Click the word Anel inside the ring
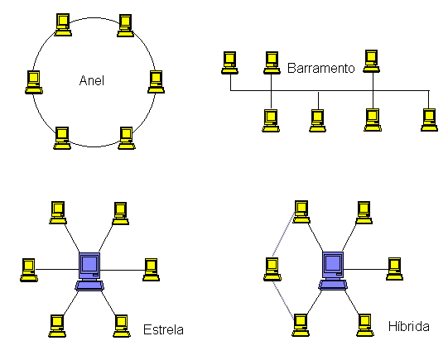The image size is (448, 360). pos(91,80)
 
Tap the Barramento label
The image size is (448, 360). pos(320,68)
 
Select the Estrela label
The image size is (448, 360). pos(163,329)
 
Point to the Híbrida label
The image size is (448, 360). pos(408,326)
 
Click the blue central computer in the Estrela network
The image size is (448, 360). pos(89,271)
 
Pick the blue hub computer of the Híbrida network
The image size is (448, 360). pos(333,271)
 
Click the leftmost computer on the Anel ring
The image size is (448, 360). pos(34,82)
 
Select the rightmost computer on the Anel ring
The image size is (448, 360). pos(156,82)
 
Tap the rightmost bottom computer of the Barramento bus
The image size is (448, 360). pos(429,120)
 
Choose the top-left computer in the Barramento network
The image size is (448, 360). pos(229,63)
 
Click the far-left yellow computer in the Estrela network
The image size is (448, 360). pos(29,270)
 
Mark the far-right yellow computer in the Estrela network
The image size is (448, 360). pos(152,270)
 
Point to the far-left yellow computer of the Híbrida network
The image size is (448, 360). pos(272,269)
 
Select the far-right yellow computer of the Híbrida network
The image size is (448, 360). pos(394,269)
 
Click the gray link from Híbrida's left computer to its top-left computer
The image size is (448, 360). pos(283,234)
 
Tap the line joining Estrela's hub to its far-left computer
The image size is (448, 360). pos(57,269)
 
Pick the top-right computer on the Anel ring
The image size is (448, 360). pos(125,26)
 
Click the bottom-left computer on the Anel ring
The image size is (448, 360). pos(62,138)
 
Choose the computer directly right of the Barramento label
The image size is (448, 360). pos(372,61)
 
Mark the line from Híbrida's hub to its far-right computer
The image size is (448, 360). pos(365,269)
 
